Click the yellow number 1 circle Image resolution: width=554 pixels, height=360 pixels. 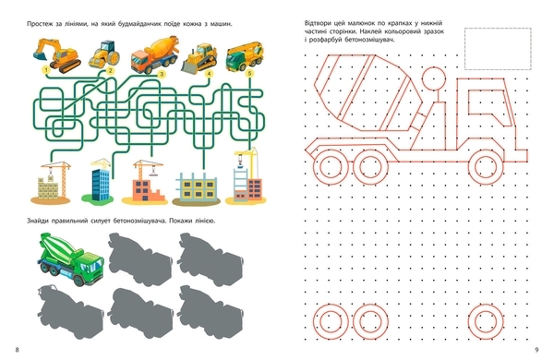click(46, 70)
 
